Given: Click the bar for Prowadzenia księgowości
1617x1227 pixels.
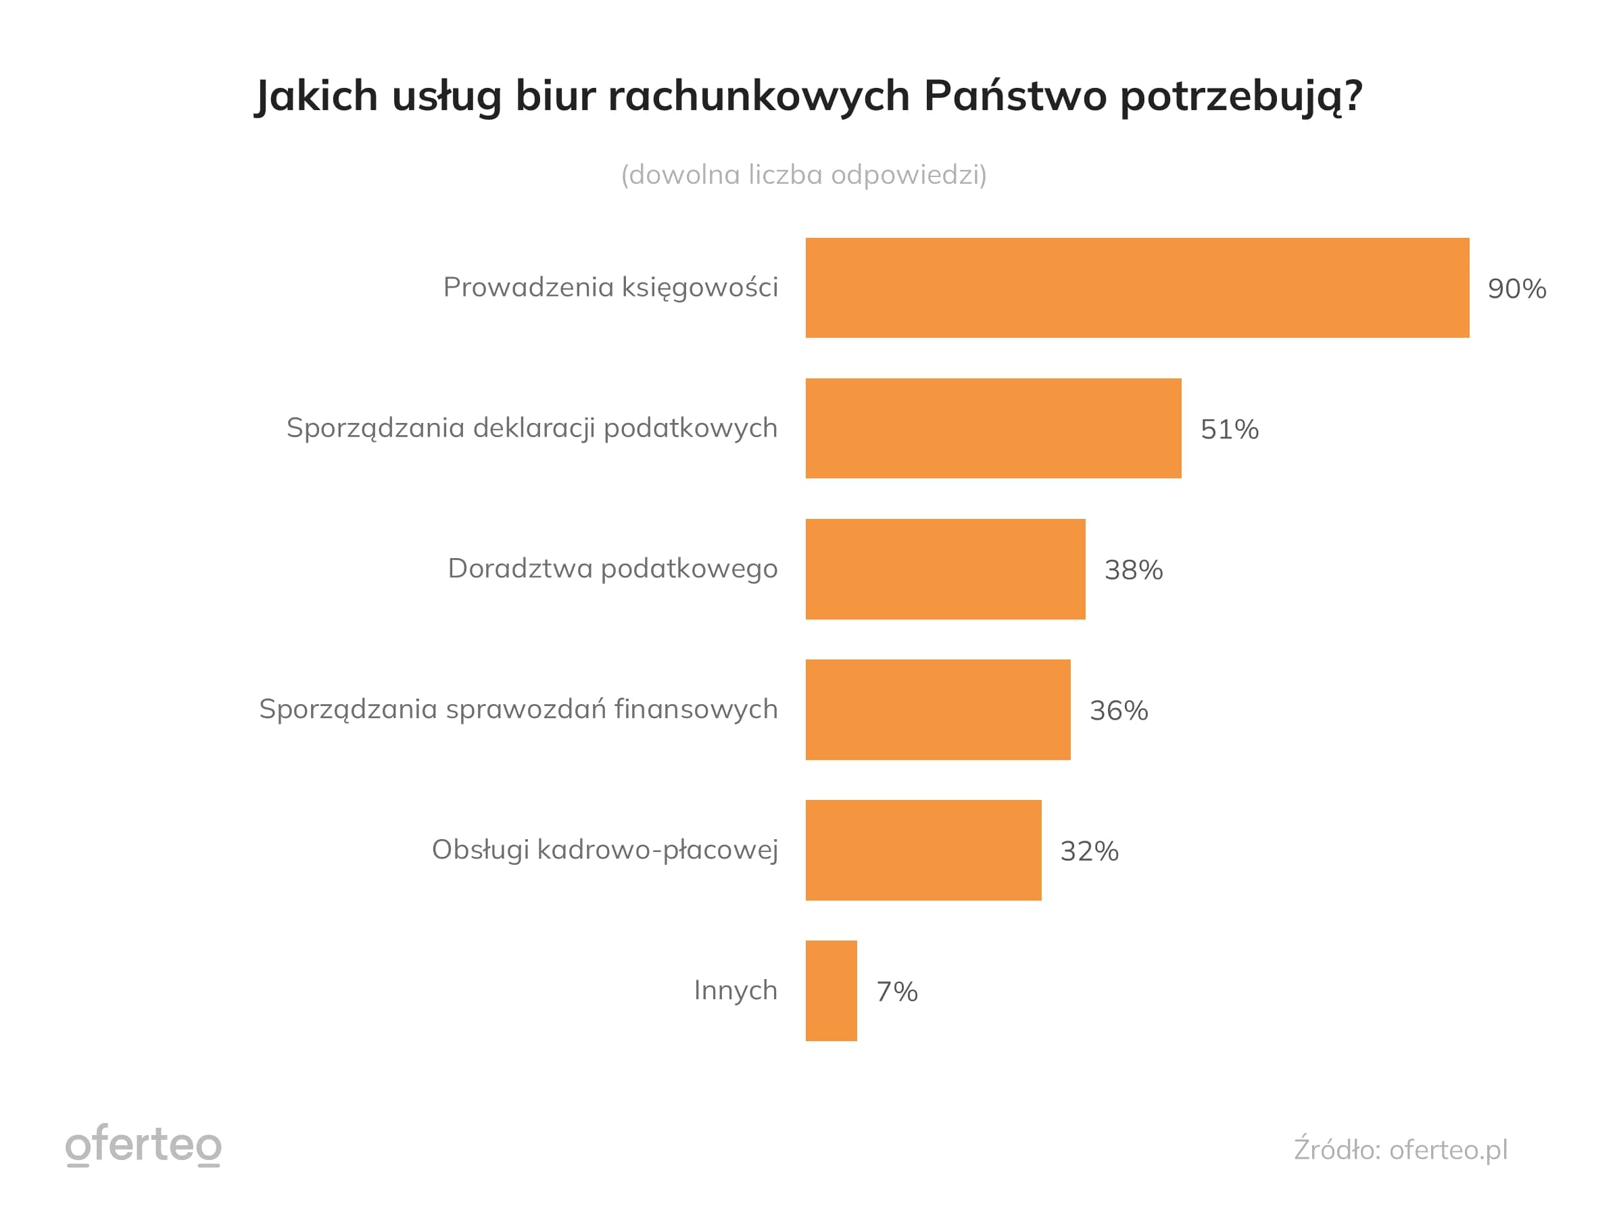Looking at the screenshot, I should pos(1137,287).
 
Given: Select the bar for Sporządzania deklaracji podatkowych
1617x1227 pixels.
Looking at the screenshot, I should pos(993,428).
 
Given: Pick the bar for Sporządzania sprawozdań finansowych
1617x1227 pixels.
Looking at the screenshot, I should pos(937,709).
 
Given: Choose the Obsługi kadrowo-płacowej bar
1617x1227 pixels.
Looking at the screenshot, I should pos(923,850).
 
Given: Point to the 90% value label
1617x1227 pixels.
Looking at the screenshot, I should pos(1516,289).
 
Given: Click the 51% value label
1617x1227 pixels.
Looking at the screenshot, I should pos(1229,429).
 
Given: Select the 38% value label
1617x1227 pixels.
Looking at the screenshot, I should pos(1133,570).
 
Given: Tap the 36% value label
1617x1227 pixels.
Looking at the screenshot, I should pos(1119,710).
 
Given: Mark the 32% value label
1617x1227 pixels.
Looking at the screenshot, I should pos(1089,851).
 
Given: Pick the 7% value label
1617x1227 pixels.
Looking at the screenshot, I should pos(896,992).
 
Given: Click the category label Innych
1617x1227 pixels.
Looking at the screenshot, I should pos(735,991).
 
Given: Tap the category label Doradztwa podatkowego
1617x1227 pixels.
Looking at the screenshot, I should pos(612,568).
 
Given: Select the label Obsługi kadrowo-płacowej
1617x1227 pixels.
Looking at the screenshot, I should pos(604,850).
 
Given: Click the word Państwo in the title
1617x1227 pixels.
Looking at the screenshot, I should pos(1015,96).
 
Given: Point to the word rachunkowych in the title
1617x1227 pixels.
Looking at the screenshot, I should pos(758,96).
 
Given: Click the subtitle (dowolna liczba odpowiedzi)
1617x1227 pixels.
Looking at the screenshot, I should pos(803,175).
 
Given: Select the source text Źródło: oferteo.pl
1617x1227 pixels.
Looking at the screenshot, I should pos(1400,1149).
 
